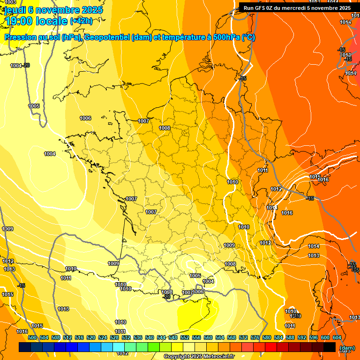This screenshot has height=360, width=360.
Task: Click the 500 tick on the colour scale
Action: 32,337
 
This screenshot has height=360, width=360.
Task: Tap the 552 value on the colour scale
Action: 185,337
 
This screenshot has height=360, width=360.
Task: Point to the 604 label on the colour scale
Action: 337,337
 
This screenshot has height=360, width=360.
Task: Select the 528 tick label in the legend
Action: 114,337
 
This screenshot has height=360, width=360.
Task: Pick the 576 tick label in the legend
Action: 255,337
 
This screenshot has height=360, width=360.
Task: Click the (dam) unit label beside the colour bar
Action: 347,348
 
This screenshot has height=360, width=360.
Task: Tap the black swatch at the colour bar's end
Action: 330,347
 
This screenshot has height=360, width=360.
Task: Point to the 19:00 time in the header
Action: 19,21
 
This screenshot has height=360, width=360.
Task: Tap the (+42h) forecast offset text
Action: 81,21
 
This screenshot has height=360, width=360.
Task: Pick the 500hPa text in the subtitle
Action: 226,37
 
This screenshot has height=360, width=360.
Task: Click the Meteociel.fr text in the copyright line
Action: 217,357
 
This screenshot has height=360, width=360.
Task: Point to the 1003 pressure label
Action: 10,2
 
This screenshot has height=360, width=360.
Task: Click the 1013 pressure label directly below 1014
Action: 314,255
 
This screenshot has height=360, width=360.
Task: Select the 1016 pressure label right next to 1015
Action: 323,180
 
